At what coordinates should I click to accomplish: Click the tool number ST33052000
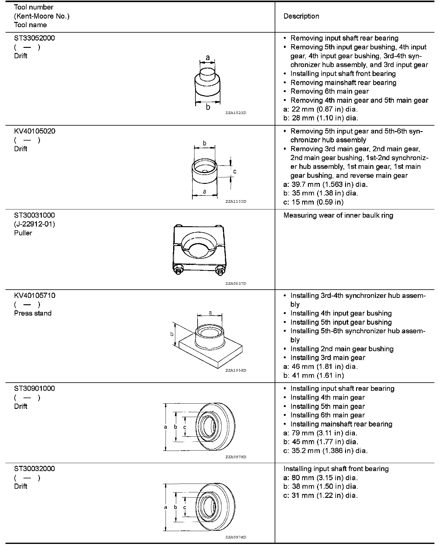[34, 38]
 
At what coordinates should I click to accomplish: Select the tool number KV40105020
[35, 131]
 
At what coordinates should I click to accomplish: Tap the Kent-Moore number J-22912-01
[34, 224]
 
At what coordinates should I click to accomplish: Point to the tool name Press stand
[33, 313]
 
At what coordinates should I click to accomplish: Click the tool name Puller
[23, 233]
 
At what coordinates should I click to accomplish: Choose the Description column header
[301, 16]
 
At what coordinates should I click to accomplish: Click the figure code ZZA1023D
[236, 113]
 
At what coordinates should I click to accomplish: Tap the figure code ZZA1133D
[236, 202]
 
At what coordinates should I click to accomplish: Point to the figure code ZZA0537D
[236, 284]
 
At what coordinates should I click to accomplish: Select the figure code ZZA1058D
[236, 370]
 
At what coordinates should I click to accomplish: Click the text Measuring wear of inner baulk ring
[338, 216]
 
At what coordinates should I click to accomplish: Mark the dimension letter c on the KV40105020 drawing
[235, 172]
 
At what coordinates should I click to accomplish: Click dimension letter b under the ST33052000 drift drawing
[208, 107]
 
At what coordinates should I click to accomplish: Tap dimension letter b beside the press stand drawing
[172, 334]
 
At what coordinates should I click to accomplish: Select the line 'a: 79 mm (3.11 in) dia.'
[320, 433]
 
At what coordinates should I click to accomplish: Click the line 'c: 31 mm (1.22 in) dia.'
[320, 496]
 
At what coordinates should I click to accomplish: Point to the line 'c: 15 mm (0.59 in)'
[313, 202]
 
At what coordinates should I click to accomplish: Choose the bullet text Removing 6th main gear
[329, 91]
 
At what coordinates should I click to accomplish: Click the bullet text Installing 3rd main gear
[327, 358]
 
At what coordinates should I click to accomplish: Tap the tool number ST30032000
[34, 469]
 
